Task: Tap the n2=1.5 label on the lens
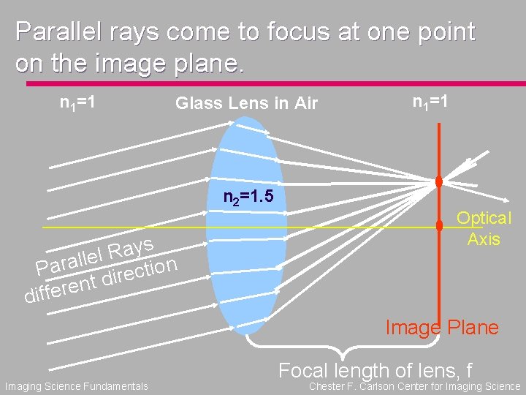click(248, 197)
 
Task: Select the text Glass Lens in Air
click(246, 104)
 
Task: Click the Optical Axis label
click(484, 228)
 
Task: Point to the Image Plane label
click(442, 327)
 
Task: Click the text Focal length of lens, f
click(375, 370)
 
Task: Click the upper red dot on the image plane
click(439, 181)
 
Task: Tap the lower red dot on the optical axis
click(439, 227)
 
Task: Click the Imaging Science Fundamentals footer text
click(76, 386)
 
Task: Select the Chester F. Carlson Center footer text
click(415, 386)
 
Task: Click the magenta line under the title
click(263, 83)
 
